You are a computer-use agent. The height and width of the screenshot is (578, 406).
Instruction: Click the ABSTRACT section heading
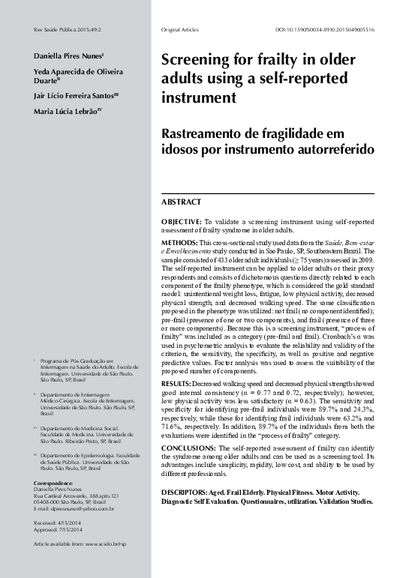(182, 202)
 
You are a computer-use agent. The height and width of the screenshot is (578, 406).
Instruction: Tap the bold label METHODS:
(180, 244)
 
